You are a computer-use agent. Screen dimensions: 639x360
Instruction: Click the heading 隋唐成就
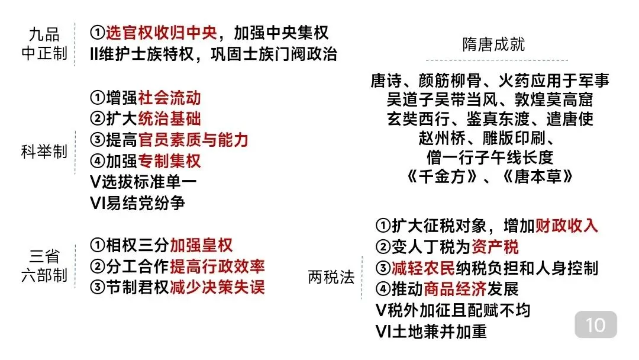tap(493, 45)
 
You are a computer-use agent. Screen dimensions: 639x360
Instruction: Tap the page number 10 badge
tap(596, 325)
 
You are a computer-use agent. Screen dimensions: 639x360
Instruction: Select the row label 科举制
tap(44, 152)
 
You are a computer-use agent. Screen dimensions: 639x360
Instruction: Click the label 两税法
tap(331, 277)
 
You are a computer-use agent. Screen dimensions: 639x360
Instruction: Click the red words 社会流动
tap(169, 98)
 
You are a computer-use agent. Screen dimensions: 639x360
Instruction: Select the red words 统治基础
tap(169, 119)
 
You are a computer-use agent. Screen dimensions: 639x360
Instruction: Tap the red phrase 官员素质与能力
tap(193, 140)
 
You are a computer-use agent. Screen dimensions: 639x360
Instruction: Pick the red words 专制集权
tap(169, 160)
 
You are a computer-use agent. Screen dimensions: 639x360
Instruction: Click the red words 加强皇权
tap(201, 245)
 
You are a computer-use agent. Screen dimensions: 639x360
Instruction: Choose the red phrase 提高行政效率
tap(217, 266)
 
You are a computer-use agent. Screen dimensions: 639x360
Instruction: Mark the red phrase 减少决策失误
tap(217, 288)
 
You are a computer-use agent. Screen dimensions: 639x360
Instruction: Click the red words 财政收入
tap(567, 226)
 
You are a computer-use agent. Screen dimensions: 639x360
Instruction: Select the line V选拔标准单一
tap(143, 182)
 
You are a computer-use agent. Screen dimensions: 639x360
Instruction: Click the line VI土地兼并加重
tap(431, 332)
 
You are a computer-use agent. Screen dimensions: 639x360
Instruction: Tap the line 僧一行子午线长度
tap(489, 157)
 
